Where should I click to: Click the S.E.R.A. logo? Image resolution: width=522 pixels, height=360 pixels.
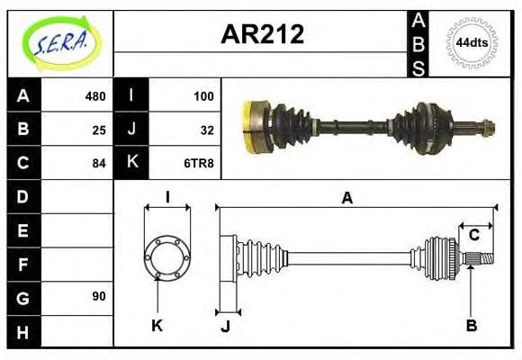[x=60, y=42]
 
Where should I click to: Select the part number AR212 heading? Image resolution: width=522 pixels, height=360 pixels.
[x=262, y=35]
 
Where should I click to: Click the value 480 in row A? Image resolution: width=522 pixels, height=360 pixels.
[x=94, y=96]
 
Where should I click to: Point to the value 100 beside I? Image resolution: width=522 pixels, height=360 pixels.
[x=202, y=96]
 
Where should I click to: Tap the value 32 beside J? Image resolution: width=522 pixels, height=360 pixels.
[x=206, y=130]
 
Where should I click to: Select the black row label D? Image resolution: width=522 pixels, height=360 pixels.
[x=23, y=196]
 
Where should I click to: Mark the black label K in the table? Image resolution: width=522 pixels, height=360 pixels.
[x=131, y=163]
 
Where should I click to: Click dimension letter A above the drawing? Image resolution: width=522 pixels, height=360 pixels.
[x=346, y=198]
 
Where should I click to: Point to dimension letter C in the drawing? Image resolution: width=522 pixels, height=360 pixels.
[x=473, y=236]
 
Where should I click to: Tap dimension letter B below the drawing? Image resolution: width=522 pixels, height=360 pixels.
[x=471, y=326]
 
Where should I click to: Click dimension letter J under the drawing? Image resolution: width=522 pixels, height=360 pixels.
[x=225, y=326]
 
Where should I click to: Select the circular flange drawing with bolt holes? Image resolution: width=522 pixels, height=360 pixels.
[x=167, y=258]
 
